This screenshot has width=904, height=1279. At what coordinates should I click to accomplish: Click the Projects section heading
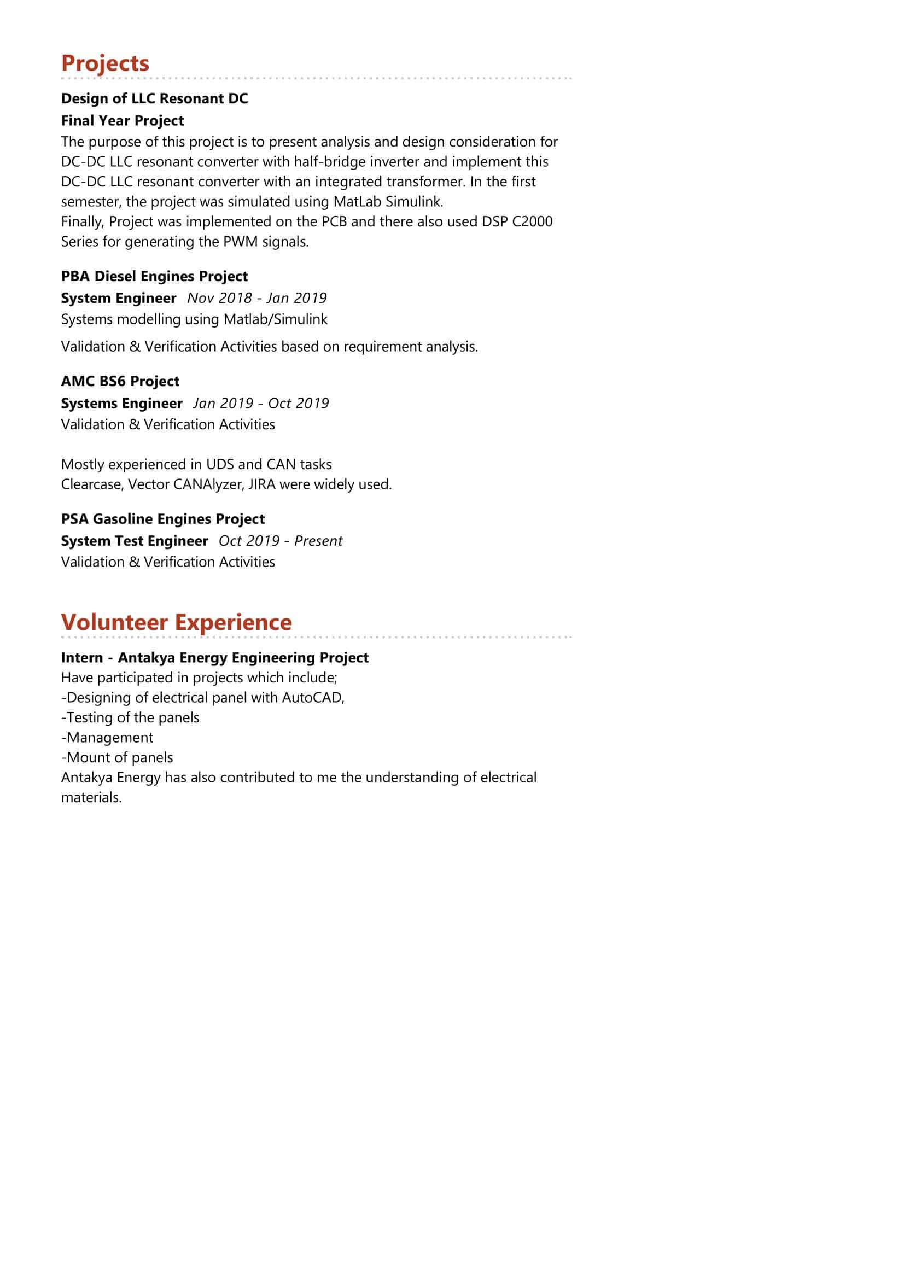click(x=105, y=63)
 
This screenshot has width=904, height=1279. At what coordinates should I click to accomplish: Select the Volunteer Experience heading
click(x=176, y=622)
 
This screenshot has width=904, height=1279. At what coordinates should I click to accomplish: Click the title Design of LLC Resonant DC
click(x=154, y=98)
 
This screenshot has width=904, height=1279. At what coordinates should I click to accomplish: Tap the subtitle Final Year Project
click(x=122, y=121)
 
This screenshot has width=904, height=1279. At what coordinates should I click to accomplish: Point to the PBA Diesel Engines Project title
click(x=154, y=276)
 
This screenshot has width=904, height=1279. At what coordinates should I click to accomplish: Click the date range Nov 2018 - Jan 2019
click(x=257, y=298)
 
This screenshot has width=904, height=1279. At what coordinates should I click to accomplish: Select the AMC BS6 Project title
click(x=120, y=382)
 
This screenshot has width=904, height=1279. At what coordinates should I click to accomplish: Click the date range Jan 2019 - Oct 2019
click(x=261, y=404)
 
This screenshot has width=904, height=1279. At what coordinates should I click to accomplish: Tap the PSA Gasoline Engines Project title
click(x=162, y=519)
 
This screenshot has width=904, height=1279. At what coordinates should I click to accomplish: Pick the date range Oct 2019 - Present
click(x=280, y=541)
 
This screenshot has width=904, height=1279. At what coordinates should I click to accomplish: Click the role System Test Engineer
click(x=134, y=541)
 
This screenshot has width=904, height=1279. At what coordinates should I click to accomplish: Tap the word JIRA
click(x=261, y=484)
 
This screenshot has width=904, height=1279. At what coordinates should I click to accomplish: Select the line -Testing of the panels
click(x=130, y=718)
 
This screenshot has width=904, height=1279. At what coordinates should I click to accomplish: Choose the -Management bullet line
click(x=107, y=738)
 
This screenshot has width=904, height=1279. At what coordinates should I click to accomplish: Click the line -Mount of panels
click(x=117, y=758)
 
